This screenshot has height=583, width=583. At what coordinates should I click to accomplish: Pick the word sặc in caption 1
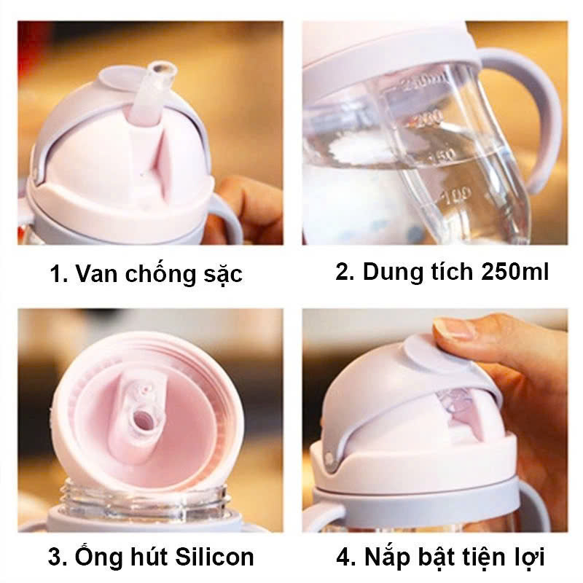coord(220,275)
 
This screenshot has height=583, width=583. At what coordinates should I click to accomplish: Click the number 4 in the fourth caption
coord(343,558)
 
